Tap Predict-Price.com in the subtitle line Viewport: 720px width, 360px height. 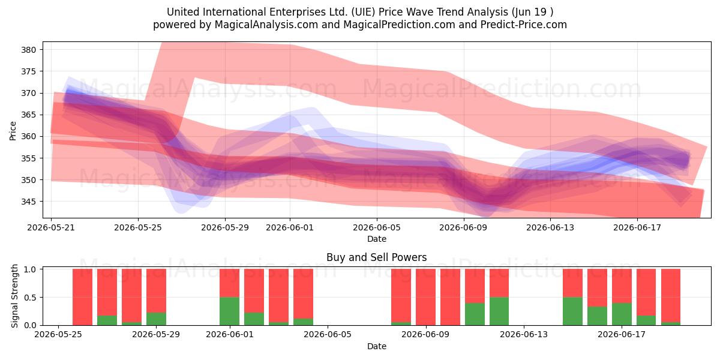click(x=524, y=25)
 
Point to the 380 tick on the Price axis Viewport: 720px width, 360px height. click(x=28, y=50)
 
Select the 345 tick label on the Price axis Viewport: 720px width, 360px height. click(x=28, y=202)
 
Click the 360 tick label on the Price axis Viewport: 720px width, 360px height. click(x=28, y=137)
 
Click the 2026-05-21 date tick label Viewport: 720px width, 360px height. click(x=51, y=227)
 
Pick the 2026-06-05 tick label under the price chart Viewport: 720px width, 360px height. click(x=377, y=227)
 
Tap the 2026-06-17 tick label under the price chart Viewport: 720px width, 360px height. click(x=637, y=227)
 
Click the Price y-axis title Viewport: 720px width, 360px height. click(x=13, y=131)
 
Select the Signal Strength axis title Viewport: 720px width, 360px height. click(x=14, y=296)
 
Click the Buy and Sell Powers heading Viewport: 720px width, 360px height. click(x=376, y=257)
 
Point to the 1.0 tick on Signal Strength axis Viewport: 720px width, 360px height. click(x=31, y=269)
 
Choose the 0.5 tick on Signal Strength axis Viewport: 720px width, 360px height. click(x=31, y=298)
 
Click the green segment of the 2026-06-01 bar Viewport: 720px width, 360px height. click(x=229, y=311)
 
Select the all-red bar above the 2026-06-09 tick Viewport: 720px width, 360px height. click(x=425, y=297)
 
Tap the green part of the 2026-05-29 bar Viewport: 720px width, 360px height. click(x=156, y=319)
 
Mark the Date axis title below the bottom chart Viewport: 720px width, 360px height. click(x=377, y=346)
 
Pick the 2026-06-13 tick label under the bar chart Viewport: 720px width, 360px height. click(x=524, y=335)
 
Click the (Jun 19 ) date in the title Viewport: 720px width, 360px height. click(x=532, y=12)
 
